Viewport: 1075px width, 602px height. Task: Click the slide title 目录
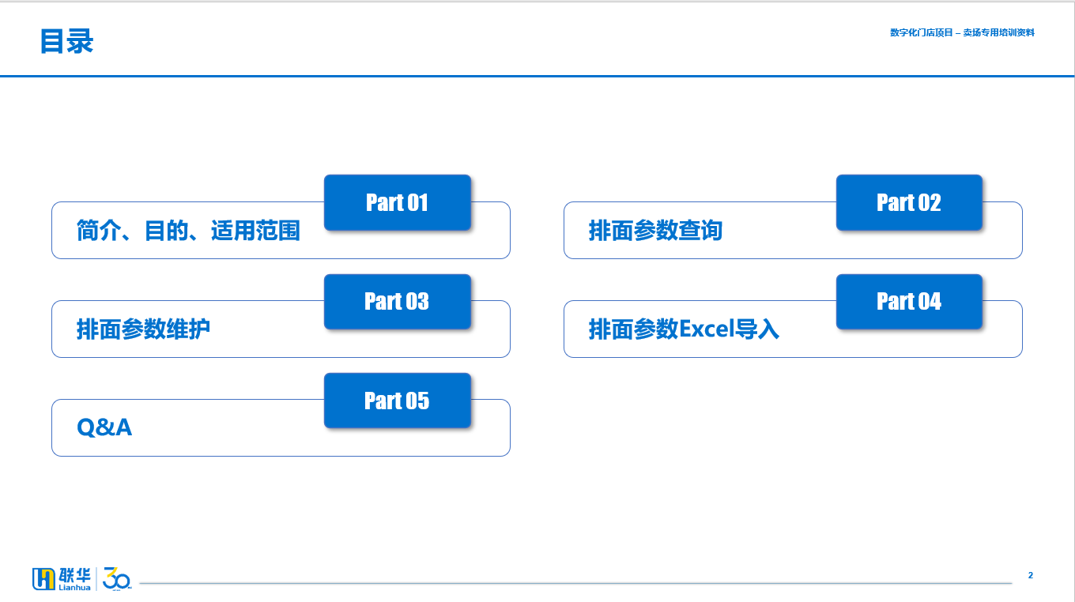tap(66, 41)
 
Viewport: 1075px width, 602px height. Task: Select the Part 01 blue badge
tap(398, 202)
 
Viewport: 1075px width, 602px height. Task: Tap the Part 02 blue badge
tap(909, 202)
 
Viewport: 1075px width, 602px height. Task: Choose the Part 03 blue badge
tap(398, 302)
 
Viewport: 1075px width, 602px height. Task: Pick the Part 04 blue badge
tap(909, 302)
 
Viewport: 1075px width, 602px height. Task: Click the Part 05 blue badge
tap(398, 401)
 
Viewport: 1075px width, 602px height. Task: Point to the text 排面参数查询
tap(655, 231)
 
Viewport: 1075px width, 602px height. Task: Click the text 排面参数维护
tap(144, 329)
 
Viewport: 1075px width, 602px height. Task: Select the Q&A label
tap(104, 427)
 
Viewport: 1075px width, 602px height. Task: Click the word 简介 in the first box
tap(98, 231)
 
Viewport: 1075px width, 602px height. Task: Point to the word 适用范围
tap(255, 231)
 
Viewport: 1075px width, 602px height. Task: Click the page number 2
tap(1031, 575)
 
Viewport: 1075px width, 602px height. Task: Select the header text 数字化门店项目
tap(922, 32)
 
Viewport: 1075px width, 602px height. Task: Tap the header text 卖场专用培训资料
tap(998, 32)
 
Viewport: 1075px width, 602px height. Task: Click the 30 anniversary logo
tap(117, 579)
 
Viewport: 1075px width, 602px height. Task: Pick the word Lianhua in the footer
tap(74, 588)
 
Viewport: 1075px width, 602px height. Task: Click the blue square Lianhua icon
tap(43, 579)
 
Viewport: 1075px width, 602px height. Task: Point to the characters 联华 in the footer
tap(75, 575)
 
